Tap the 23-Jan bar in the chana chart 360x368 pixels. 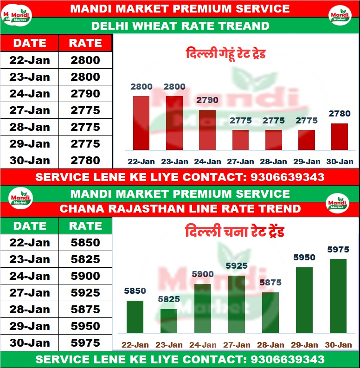(169, 321)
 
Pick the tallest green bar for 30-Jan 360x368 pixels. (338, 296)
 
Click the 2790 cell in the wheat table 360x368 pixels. (85, 94)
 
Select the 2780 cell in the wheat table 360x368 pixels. (85, 161)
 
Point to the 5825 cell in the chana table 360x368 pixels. (85, 259)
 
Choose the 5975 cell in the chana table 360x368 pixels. (85, 343)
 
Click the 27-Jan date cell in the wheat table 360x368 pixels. (30, 110)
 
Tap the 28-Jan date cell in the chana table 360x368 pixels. (30, 310)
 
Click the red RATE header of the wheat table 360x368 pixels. (85, 43)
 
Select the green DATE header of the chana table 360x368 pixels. (30, 226)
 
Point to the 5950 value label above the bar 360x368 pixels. (304, 258)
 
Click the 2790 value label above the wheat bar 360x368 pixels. (207, 100)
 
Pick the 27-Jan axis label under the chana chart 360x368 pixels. (236, 345)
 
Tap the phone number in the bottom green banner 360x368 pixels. (287, 360)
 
